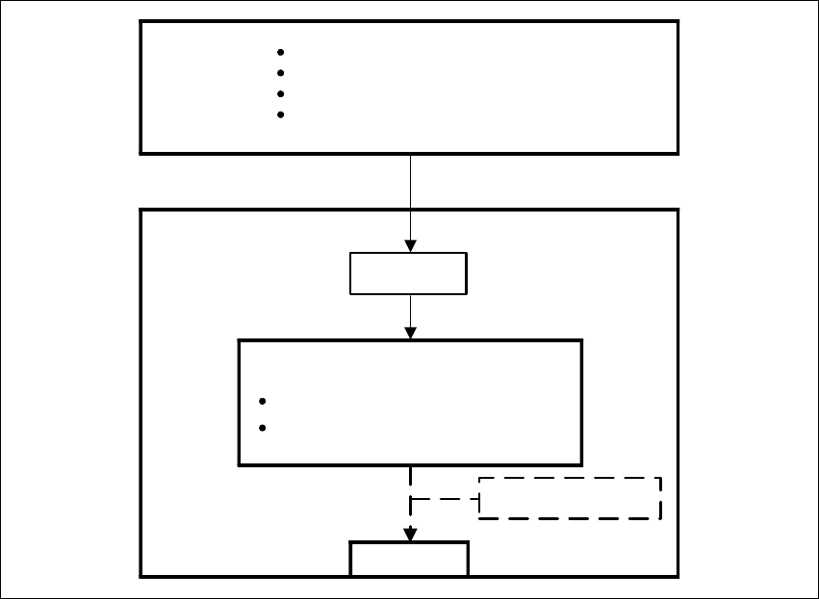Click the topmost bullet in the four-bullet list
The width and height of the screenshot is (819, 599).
280,52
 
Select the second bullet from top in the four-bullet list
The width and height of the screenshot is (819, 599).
280,73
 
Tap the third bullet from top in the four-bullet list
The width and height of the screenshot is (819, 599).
280,94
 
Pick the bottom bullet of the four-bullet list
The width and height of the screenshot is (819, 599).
280,115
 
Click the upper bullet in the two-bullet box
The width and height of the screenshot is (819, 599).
263,402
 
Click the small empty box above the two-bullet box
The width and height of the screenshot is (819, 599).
408,274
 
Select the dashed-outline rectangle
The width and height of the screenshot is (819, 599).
570,498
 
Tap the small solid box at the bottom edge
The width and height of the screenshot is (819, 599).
409,559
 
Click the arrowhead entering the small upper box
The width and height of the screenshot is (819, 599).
411,247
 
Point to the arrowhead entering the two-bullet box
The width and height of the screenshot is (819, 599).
411,333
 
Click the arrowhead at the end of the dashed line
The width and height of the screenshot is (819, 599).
410,535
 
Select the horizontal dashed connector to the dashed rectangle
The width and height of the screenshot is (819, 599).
445,499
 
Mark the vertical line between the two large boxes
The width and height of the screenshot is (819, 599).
411,182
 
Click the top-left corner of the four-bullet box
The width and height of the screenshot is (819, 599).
141,21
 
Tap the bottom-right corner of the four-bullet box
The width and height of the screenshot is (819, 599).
678,153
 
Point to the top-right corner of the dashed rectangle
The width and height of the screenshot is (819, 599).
660,478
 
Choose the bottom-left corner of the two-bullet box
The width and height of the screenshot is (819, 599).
240,464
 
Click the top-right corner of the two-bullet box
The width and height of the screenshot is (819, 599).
581,340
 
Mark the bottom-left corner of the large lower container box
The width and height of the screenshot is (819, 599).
141,576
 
